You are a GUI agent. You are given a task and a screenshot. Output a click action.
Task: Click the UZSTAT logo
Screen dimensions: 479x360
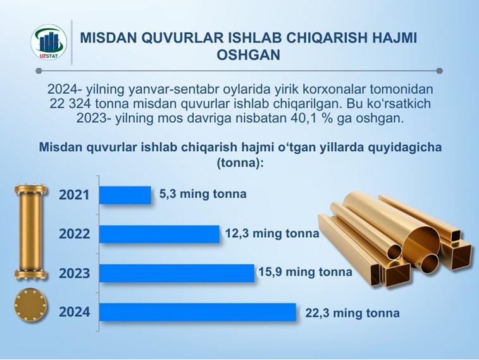(x=49, y=42)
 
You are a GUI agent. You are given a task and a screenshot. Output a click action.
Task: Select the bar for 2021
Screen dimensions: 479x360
(x=125, y=195)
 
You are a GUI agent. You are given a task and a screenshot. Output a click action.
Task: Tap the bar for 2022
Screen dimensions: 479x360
(x=159, y=234)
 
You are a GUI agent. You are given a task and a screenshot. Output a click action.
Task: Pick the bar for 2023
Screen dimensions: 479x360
(x=177, y=273)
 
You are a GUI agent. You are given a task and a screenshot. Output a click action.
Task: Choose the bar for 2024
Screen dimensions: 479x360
(x=197, y=312)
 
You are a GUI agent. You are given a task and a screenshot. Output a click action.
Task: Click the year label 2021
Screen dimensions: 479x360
(x=74, y=195)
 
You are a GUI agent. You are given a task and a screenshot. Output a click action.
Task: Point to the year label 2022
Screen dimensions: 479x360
(x=74, y=234)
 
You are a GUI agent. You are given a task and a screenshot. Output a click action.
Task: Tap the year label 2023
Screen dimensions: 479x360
(x=74, y=273)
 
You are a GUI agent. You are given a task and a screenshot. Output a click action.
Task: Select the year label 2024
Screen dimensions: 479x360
(x=74, y=312)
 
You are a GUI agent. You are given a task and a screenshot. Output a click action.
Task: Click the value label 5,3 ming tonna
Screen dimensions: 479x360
(x=203, y=194)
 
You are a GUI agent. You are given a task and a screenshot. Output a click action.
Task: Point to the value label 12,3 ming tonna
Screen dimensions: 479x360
(x=272, y=233)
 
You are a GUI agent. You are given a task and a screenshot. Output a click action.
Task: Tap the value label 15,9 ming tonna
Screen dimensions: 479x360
(x=306, y=272)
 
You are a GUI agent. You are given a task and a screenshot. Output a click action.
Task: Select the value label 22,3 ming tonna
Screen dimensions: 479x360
(x=352, y=313)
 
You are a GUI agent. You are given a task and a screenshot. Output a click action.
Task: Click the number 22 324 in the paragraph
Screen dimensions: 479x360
(x=70, y=104)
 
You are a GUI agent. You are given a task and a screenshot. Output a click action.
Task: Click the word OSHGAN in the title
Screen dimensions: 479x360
(x=249, y=55)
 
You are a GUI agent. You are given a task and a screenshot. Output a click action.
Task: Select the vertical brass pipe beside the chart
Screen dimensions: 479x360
(x=30, y=232)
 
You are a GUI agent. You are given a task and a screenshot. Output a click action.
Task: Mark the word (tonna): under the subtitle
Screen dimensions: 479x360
(x=240, y=163)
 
